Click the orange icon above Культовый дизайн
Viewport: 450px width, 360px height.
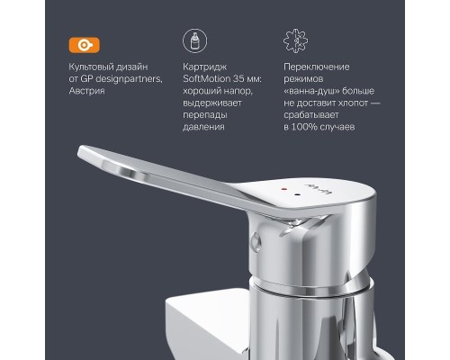pyautogui.click(x=84, y=44)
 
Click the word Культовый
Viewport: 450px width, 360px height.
pyautogui.click(x=90, y=67)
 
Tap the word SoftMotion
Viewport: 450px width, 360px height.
pyautogui.click(x=204, y=80)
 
